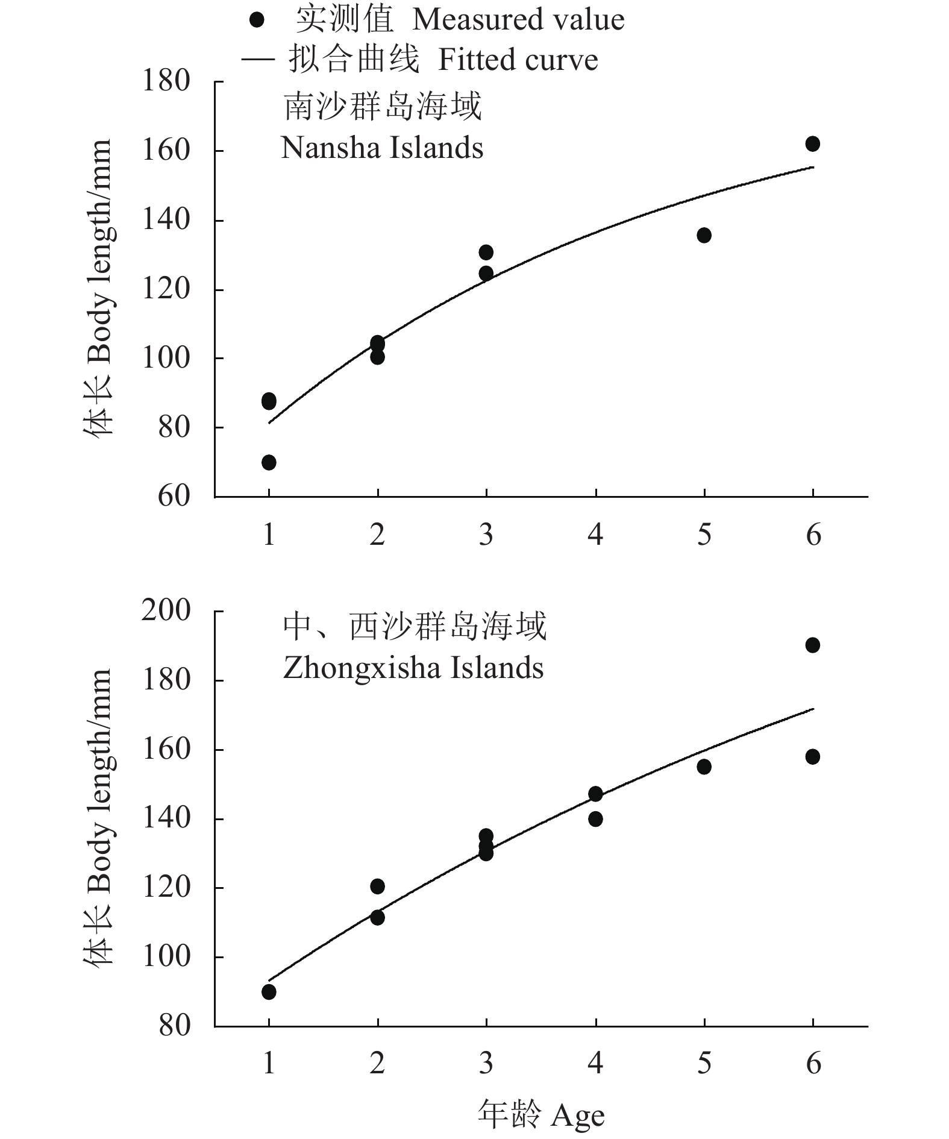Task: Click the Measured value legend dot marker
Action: point(257,20)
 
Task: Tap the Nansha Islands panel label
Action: point(382,148)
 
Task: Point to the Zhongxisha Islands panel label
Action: point(413,668)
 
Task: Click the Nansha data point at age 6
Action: point(812,144)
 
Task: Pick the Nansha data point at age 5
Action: point(704,235)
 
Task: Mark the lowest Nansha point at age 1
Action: point(269,462)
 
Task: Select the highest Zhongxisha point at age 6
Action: point(812,645)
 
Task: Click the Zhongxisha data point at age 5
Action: point(704,767)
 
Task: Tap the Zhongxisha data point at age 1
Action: point(269,991)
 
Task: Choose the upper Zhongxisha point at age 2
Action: point(377,886)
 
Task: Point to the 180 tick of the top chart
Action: point(166,81)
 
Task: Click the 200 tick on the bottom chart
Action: point(166,611)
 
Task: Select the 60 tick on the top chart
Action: point(174,496)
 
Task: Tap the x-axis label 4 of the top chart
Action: point(595,535)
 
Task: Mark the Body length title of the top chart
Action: point(98,287)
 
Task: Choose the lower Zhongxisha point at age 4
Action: point(595,818)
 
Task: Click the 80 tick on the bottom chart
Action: point(174,1025)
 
